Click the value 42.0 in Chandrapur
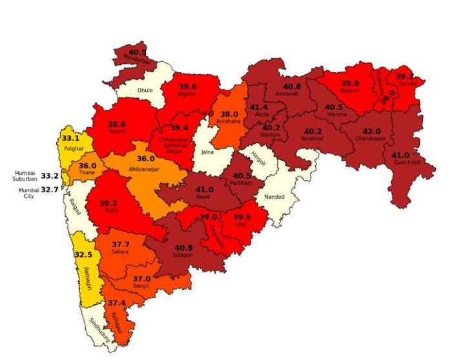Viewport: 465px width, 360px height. [371, 132]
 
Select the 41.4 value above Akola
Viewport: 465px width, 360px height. [260, 107]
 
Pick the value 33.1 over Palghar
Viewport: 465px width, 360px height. [70, 138]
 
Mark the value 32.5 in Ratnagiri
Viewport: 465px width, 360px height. [83, 255]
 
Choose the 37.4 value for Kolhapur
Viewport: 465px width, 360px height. [117, 303]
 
